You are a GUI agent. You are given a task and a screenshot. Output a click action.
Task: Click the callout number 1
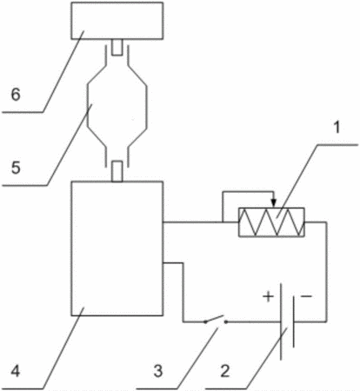[x=337, y=128]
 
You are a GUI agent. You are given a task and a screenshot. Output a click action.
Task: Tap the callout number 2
[x=225, y=371]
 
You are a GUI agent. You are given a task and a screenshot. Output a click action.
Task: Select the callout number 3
[x=158, y=371]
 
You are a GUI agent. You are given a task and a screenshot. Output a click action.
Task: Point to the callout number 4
[x=16, y=371]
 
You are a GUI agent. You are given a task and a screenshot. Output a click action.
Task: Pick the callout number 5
[x=16, y=168]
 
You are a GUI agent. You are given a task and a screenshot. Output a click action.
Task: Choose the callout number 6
[x=16, y=95]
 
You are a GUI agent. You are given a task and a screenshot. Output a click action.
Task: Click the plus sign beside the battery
[x=268, y=296]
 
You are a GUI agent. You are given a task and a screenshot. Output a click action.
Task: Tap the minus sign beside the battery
[x=306, y=296]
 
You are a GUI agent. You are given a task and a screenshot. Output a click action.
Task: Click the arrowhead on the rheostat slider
[x=274, y=203]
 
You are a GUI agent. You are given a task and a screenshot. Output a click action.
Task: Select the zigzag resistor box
[x=271, y=222]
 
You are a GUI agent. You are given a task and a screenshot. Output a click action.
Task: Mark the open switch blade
[x=215, y=318]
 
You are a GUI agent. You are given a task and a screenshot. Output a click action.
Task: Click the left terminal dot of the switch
[x=205, y=321]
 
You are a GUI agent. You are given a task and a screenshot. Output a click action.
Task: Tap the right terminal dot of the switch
[x=226, y=321]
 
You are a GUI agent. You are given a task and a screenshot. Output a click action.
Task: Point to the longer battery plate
[x=281, y=321]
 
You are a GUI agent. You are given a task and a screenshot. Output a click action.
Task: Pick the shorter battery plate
[x=293, y=321]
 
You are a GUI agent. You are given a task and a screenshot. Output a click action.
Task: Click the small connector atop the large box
[x=117, y=171]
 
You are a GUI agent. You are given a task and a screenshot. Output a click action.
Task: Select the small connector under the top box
[x=117, y=47]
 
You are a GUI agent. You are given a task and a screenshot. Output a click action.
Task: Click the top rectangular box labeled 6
[x=117, y=20]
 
